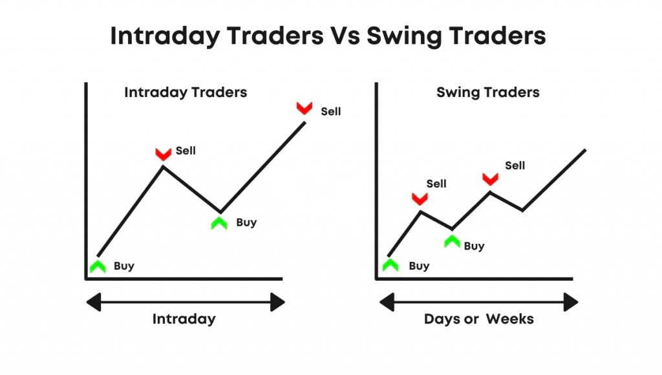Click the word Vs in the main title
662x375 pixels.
pyautogui.click(x=345, y=36)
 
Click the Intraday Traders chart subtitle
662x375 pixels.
pyautogui.click(x=186, y=92)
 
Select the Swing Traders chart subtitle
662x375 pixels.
pyautogui.click(x=487, y=92)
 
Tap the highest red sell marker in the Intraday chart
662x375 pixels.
pyautogui.click(x=304, y=108)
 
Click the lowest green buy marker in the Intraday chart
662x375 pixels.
pyautogui.click(x=98, y=266)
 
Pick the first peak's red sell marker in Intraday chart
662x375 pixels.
pyautogui.click(x=163, y=154)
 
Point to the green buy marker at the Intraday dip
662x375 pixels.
pyautogui.click(x=219, y=223)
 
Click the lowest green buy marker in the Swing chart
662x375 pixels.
pyautogui.click(x=390, y=265)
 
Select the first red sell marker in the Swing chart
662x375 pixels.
pyautogui.click(x=420, y=198)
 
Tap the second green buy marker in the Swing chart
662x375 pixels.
pyautogui.click(x=452, y=241)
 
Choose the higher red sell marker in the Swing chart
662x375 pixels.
pyautogui.click(x=490, y=179)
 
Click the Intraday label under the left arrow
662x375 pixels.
pyautogui.click(x=184, y=319)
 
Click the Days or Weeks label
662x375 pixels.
pyautogui.click(x=479, y=319)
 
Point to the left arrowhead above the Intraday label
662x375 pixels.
pyautogui.click(x=93, y=303)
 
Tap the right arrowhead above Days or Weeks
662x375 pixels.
pyautogui.click(x=571, y=303)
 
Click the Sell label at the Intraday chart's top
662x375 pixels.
pyautogui.click(x=330, y=111)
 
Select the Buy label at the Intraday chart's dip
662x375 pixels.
pyautogui.click(x=246, y=222)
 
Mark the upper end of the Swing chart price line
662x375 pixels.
pyautogui.click(x=585, y=150)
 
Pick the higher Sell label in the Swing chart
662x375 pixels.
pyautogui.click(x=515, y=166)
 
